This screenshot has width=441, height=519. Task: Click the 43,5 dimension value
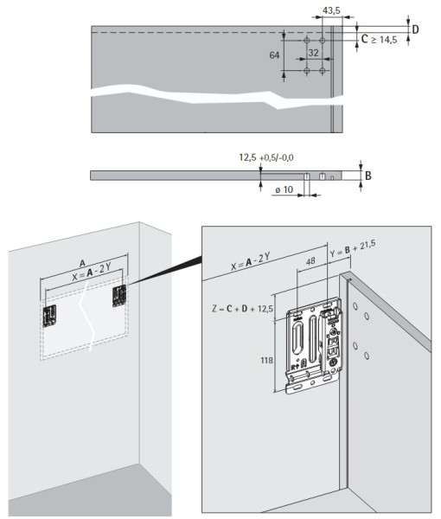(331, 10)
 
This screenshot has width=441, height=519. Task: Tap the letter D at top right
(415, 29)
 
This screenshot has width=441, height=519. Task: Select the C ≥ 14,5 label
(379, 40)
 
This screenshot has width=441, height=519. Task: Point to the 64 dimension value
(274, 55)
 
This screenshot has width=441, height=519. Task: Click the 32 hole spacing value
(313, 53)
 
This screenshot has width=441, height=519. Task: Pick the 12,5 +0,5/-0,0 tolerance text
(266, 157)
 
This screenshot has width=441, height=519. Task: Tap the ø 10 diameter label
(284, 189)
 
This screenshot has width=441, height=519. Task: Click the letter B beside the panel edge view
(368, 176)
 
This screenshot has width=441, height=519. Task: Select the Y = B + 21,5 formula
(353, 248)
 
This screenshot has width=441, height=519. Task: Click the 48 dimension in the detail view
(310, 261)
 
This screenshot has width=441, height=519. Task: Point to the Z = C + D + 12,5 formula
(242, 309)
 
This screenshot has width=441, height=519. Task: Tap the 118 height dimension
(266, 360)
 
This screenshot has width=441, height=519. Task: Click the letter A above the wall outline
(82, 264)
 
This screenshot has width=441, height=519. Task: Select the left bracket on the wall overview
(49, 316)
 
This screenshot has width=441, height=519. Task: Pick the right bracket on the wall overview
(119, 296)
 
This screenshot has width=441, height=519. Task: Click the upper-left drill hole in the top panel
(307, 41)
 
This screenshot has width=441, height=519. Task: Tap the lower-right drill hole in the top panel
(323, 71)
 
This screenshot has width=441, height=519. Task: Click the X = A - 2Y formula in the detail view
(251, 261)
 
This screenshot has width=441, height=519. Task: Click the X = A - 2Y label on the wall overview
(92, 273)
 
